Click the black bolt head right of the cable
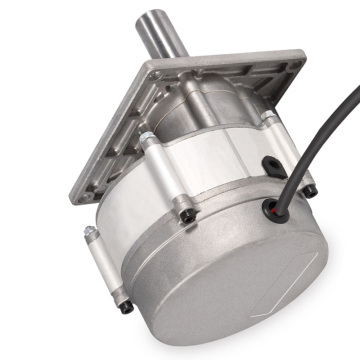pos(311,189)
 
